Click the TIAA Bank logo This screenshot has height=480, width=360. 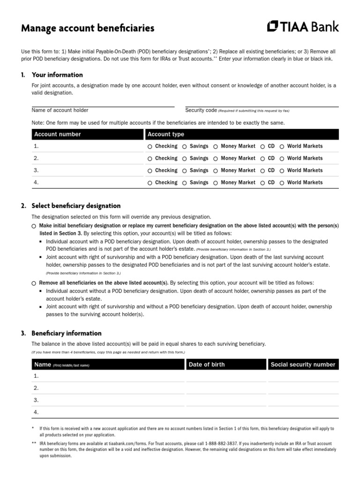(x=302, y=27)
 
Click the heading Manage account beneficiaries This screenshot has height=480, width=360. (x=88, y=29)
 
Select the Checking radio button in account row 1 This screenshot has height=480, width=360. (x=150, y=147)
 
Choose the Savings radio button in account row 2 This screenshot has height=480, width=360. (x=184, y=159)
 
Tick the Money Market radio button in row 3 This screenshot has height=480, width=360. (x=215, y=171)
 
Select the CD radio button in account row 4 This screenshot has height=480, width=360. (x=262, y=183)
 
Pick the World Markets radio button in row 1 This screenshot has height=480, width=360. (x=282, y=147)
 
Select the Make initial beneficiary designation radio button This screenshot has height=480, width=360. (x=34, y=226)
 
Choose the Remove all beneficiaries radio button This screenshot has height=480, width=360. (x=34, y=284)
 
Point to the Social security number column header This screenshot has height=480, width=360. (x=303, y=365)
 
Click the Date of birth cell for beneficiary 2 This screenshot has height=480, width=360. (x=225, y=388)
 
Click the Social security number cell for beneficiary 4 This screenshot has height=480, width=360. (x=303, y=412)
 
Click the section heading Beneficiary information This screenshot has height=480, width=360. (x=66, y=333)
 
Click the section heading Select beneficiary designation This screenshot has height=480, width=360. (x=76, y=206)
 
